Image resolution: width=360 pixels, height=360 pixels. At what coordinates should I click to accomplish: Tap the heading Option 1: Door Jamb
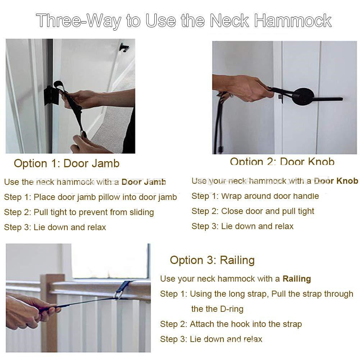click(67, 164)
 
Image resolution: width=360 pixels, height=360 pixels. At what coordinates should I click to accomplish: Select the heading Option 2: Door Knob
click(282, 161)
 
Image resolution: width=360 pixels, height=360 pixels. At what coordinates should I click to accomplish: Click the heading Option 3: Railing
click(213, 260)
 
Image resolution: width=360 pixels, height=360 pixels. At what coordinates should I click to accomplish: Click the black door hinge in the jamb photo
click(50, 96)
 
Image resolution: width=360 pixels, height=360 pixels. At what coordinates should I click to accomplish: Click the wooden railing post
click(49, 312)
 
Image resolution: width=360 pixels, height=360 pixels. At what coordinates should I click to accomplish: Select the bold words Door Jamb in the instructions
click(144, 182)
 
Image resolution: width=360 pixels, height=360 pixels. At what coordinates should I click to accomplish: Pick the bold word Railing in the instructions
click(297, 279)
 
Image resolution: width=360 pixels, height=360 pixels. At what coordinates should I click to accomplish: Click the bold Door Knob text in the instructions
click(336, 181)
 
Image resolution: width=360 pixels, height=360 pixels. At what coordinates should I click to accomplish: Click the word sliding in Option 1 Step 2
click(142, 213)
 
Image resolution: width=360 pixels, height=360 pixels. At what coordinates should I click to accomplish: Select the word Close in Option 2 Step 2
click(231, 211)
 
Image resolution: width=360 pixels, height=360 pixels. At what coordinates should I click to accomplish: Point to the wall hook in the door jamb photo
click(124, 47)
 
